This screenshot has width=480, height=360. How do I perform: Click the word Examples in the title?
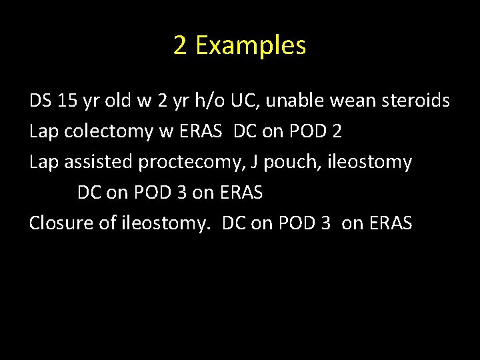[251, 45]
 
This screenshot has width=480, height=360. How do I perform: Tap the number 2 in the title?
[179, 45]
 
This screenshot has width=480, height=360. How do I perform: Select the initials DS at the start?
[40, 101]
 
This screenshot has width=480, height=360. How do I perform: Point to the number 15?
[68, 101]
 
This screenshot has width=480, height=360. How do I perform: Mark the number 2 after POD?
[336, 131]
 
